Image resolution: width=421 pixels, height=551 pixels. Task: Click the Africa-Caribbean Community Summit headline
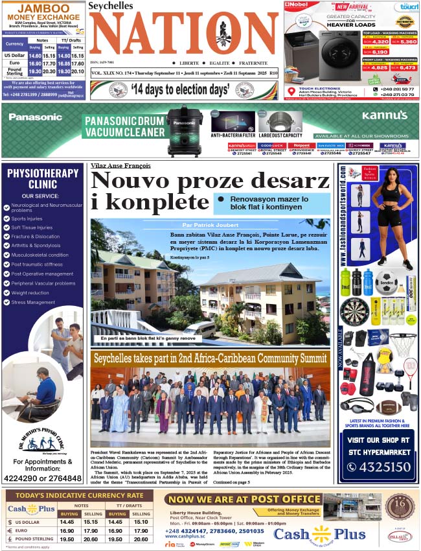click(210, 358)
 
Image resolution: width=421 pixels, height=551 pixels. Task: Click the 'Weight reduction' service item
click(33, 293)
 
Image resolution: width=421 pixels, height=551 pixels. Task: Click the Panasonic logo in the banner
click(35, 117)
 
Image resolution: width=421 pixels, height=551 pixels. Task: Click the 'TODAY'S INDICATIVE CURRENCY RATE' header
click(80, 496)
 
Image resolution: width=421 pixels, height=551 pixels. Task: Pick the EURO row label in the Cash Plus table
click(27, 530)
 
